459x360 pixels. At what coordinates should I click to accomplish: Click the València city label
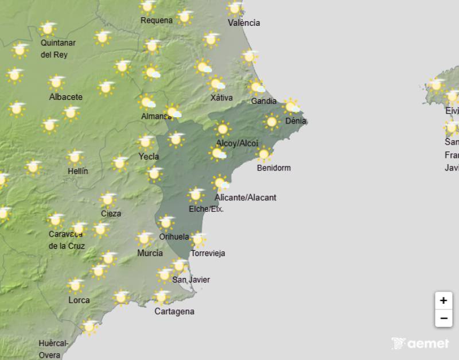(244, 23)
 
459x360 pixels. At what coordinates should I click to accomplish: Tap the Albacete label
(65, 97)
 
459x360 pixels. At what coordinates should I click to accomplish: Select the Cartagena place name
(174, 312)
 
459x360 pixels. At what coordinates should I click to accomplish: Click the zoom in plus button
(444, 300)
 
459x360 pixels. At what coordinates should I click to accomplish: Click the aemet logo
(420, 343)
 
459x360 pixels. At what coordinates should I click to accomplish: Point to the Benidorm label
(274, 168)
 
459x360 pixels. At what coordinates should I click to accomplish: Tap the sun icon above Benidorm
(263, 154)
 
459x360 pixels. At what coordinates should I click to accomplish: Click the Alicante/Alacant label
(245, 198)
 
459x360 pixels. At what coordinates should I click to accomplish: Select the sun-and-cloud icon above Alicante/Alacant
(220, 183)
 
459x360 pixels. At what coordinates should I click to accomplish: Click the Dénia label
(295, 121)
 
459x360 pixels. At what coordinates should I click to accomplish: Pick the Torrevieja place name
(208, 253)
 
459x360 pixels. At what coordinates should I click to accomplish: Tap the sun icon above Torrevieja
(197, 239)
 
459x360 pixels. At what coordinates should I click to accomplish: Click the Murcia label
(150, 253)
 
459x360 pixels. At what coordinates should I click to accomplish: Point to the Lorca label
(79, 300)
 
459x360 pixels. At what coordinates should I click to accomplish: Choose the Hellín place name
(77, 171)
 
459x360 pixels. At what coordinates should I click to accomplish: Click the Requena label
(157, 21)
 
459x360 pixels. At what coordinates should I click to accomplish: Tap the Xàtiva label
(221, 98)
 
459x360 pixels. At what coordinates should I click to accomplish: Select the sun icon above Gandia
(256, 87)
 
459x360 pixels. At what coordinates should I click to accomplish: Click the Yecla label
(149, 156)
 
